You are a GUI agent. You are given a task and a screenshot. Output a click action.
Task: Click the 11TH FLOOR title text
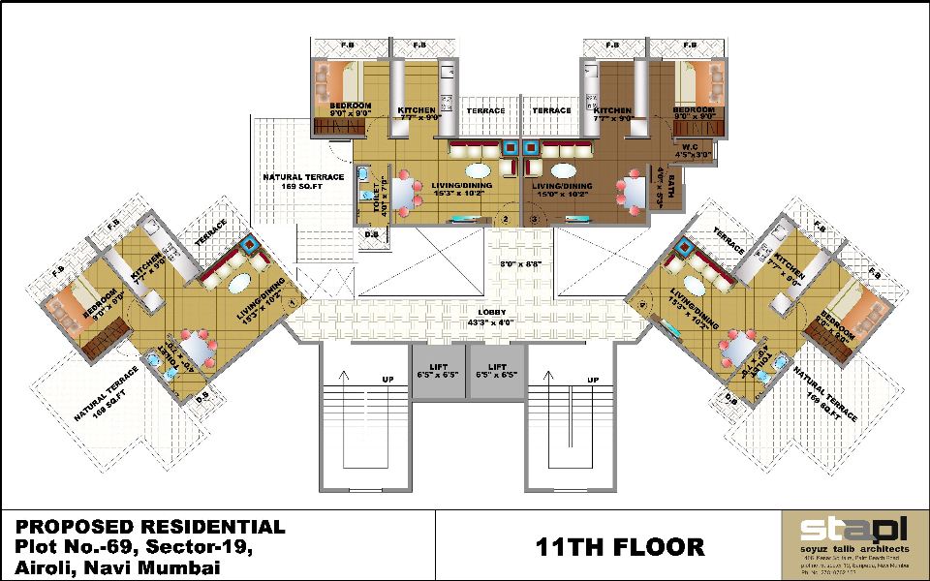(620, 547)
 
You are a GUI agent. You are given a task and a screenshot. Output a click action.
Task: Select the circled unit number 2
(503, 219)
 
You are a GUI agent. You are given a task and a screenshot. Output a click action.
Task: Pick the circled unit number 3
(534, 219)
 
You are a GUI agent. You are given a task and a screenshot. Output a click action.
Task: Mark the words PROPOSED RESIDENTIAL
(150, 528)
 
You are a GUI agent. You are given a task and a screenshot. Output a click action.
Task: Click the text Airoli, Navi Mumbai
(117, 568)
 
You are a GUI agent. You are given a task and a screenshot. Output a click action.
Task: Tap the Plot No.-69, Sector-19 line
(135, 548)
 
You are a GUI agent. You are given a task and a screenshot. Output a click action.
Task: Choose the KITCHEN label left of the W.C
(612, 113)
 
